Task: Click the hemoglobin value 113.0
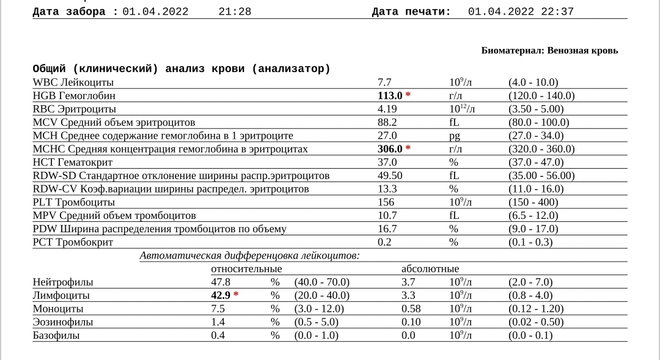pos(390,96)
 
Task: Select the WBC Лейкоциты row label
pos(73,83)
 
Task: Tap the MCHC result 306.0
pos(390,149)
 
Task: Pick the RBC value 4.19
pos(387,109)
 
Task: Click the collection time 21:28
pos(235,12)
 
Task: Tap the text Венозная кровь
pos(582,51)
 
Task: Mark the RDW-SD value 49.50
pos(390,176)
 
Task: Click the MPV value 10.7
pos(387,216)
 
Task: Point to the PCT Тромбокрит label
pos(73,243)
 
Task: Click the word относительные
pos(246,269)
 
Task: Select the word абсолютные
pos(430,269)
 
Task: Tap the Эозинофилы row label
pos(63,322)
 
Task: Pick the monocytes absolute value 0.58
pos(411,309)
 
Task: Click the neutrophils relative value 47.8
pos(221,282)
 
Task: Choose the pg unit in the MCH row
pos(454,136)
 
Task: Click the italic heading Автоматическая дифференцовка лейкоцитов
pos(249,256)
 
